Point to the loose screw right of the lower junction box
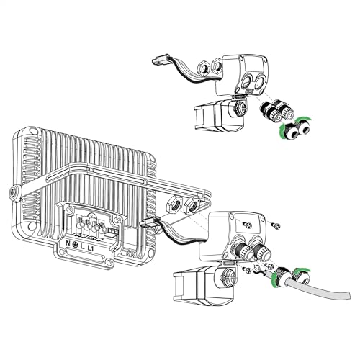click(276, 227)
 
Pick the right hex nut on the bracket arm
click(192, 207)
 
